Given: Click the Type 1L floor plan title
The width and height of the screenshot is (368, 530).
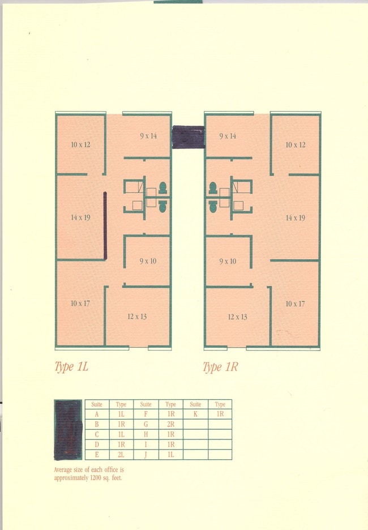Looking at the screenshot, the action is click(71, 367).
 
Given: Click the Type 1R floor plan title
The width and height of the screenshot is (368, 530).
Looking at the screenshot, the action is click(220, 367).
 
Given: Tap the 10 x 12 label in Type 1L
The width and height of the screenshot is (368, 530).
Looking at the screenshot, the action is click(81, 144).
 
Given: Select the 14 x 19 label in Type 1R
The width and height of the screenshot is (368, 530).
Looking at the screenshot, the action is click(296, 218).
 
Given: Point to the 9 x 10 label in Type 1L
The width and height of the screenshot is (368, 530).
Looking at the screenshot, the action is click(148, 261).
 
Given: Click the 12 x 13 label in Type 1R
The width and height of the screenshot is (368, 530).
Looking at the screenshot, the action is click(238, 317).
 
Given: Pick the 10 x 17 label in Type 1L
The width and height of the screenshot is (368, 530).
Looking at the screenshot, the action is click(80, 304).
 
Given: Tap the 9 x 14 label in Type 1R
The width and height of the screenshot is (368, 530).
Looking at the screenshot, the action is click(228, 136).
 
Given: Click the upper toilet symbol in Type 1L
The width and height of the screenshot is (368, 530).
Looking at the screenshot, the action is click(163, 188).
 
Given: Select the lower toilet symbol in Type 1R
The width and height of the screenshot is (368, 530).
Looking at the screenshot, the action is click(213, 206).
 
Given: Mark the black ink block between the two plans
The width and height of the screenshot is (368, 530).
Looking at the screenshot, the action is click(188, 137).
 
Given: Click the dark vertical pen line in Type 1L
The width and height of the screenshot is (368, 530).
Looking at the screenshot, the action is click(105, 226).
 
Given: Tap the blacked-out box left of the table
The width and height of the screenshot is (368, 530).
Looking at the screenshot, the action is click(69, 430).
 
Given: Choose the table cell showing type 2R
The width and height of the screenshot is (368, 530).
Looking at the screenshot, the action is click(170, 424).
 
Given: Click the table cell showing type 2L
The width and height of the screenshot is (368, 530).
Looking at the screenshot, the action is click(121, 455).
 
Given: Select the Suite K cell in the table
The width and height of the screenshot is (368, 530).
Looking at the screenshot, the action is click(196, 414).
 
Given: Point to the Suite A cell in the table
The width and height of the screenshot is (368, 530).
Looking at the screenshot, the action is click(97, 414).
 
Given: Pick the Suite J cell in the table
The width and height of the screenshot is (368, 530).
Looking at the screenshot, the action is click(146, 455).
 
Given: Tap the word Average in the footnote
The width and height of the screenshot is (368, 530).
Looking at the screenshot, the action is click(63, 470).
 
